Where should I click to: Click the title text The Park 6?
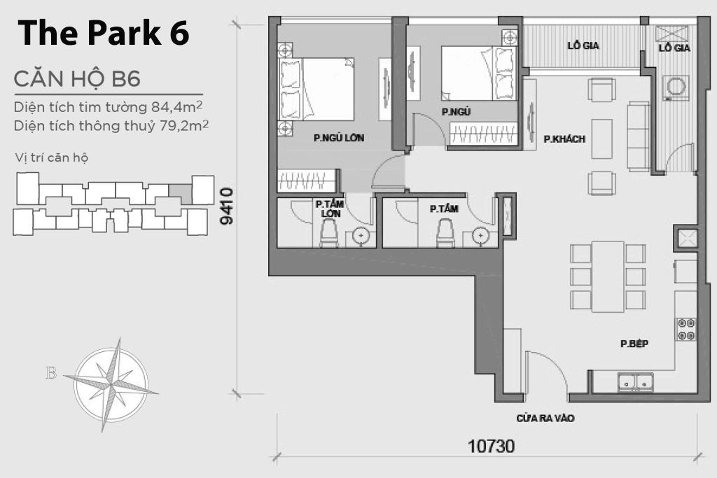click(104, 33)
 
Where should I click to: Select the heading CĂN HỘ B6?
click(77, 79)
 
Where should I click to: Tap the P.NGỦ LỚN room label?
click(339, 138)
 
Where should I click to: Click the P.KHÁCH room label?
click(564, 139)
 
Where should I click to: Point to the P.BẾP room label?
click(634, 344)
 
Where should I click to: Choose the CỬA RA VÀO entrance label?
click(545, 419)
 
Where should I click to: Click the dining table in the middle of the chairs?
click(607, 276)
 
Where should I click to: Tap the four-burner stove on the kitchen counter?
click(685, 329)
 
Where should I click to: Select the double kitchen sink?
click(636, 381)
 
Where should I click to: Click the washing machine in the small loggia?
click(676, 87)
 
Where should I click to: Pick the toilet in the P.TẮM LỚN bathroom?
click(329, 234)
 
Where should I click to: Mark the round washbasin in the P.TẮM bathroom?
click(481, 236)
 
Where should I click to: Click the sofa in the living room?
click(637, 136)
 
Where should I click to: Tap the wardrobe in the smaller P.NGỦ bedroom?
click(483, 133)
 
